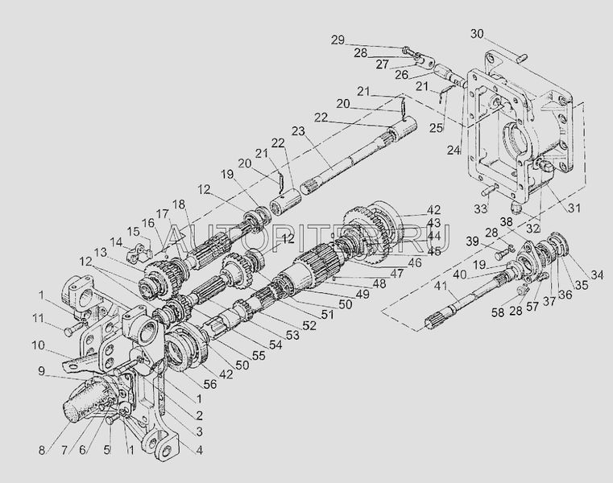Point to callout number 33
point(480,209)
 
